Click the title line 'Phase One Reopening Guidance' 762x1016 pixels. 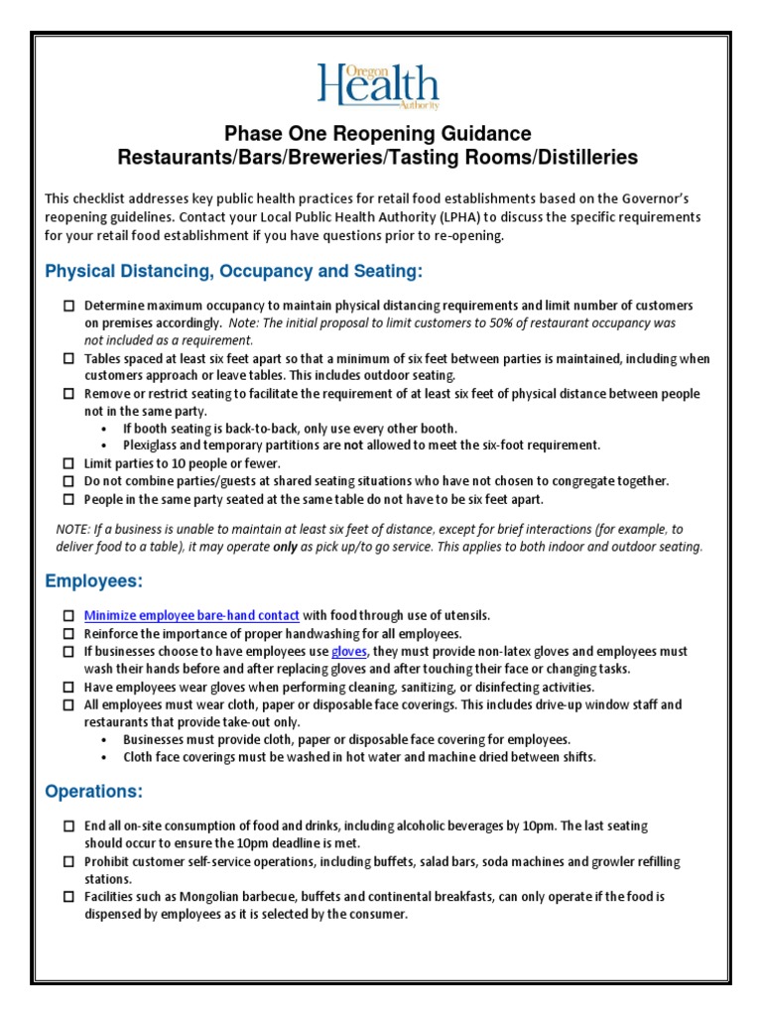[x=377, y=133]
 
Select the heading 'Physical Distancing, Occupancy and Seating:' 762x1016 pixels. [x=234, y=271]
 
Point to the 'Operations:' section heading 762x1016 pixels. [x=93, y=791]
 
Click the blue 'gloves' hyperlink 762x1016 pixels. [x=349, y=651]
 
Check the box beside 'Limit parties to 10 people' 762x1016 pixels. [x=68, y=463]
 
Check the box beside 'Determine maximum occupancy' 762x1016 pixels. [x=68, y=306]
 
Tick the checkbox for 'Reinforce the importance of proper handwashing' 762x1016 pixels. [x=68, y=633]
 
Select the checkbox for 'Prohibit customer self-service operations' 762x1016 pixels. [x=68, y=862]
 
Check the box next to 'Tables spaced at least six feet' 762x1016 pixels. [x=68, y=358]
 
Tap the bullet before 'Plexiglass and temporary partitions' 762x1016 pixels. [x=106, y=445]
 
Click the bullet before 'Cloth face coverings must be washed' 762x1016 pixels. [x=106, y=757]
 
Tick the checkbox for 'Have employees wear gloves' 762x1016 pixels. [x=68, y=687]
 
